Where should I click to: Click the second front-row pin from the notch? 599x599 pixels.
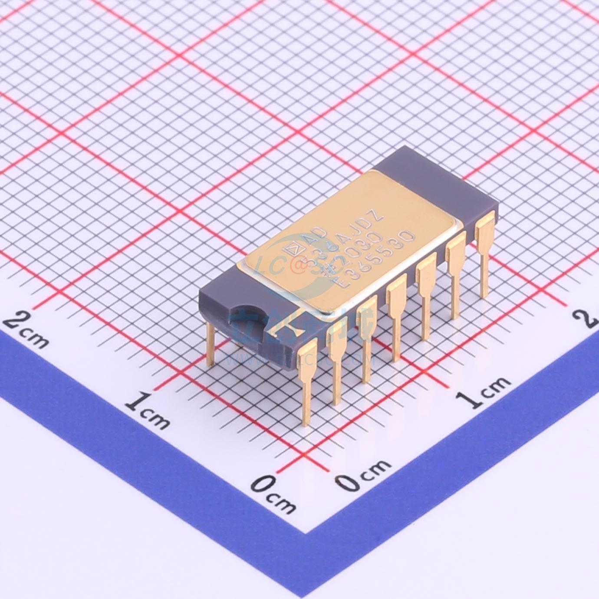coord(337,356)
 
